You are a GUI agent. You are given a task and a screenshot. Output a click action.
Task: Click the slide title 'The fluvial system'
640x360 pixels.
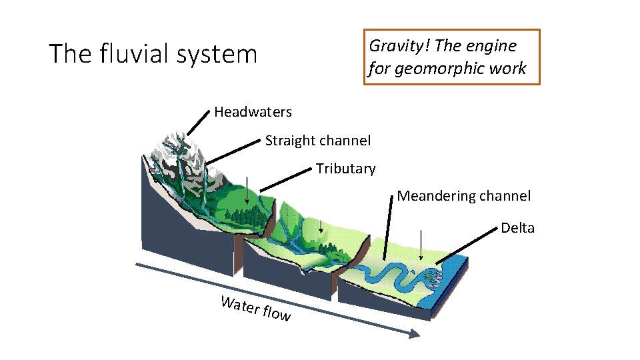(x=153, y=54)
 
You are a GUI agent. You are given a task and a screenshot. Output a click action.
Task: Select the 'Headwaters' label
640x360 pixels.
(x=253, y=111)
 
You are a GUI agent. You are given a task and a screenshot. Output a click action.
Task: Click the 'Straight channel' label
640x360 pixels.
(x=318, y=141)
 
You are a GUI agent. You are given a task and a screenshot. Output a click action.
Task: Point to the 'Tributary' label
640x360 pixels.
(x=345, y=169)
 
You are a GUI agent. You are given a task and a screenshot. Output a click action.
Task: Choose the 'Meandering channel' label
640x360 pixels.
(x=464, y=196)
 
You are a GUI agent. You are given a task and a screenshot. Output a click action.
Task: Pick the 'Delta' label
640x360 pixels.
(x=517, y=228)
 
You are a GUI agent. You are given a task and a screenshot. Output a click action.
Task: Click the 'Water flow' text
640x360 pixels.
(x=256, y=309)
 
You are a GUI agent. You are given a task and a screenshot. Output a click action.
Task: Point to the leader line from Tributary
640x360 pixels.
(x=287, y=179)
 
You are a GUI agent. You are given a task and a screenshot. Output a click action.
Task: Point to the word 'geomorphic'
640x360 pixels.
(x=434, y=69)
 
